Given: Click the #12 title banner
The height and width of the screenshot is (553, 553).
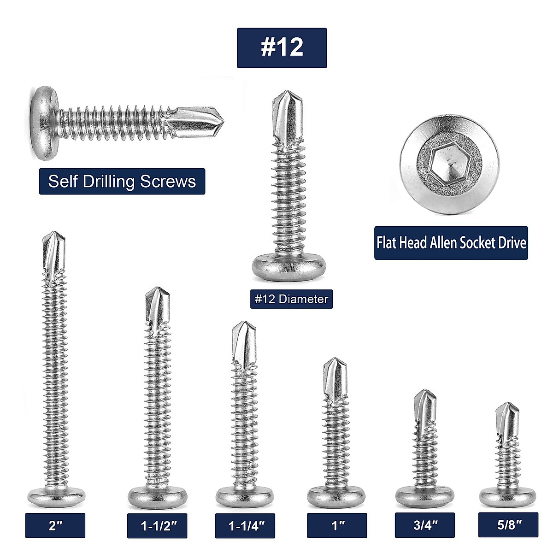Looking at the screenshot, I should tap(282, 48).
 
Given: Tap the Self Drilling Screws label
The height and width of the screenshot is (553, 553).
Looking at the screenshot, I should tap(122, 181).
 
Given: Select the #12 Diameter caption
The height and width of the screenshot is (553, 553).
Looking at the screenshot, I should tap(291, 299).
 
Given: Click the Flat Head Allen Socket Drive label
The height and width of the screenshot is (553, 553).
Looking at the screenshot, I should tap(451, 243).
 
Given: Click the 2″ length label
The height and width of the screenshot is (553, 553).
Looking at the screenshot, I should tap(55, 525).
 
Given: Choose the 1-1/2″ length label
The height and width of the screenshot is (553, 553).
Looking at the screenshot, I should tap(157, 526).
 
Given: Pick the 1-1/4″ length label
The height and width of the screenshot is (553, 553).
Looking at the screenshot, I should tap(245, 526).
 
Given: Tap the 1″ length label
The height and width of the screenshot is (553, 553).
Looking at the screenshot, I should tap(337, 525).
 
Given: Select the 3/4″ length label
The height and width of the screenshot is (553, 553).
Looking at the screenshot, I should tap(425, 525).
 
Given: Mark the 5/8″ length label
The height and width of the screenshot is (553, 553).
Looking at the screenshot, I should tap(508, 525).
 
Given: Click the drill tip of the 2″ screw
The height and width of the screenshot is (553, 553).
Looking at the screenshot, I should tap(53, 251).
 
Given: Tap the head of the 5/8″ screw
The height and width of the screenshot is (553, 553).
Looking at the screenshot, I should tap(507, 496).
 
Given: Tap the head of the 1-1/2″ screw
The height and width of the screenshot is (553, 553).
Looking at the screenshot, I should tap(157, 495).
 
